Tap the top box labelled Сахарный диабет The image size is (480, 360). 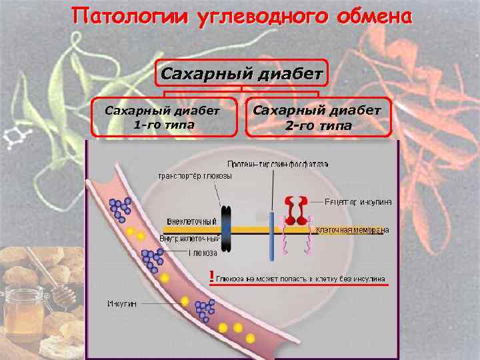pos(242,73)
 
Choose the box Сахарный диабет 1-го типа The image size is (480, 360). pos(164,117)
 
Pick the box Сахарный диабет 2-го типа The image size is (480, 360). pos(318,117)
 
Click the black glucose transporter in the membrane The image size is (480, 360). pos(226,229)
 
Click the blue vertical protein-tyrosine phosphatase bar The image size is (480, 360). pos(272,236)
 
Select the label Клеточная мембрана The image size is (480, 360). pos(351,230)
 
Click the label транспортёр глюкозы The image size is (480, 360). pos(195,177)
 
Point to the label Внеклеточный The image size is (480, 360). pos(192,221)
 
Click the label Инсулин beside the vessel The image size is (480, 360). pos(123,303)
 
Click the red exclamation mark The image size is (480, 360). pos(211,276)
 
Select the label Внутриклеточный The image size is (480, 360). pos(190,238)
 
